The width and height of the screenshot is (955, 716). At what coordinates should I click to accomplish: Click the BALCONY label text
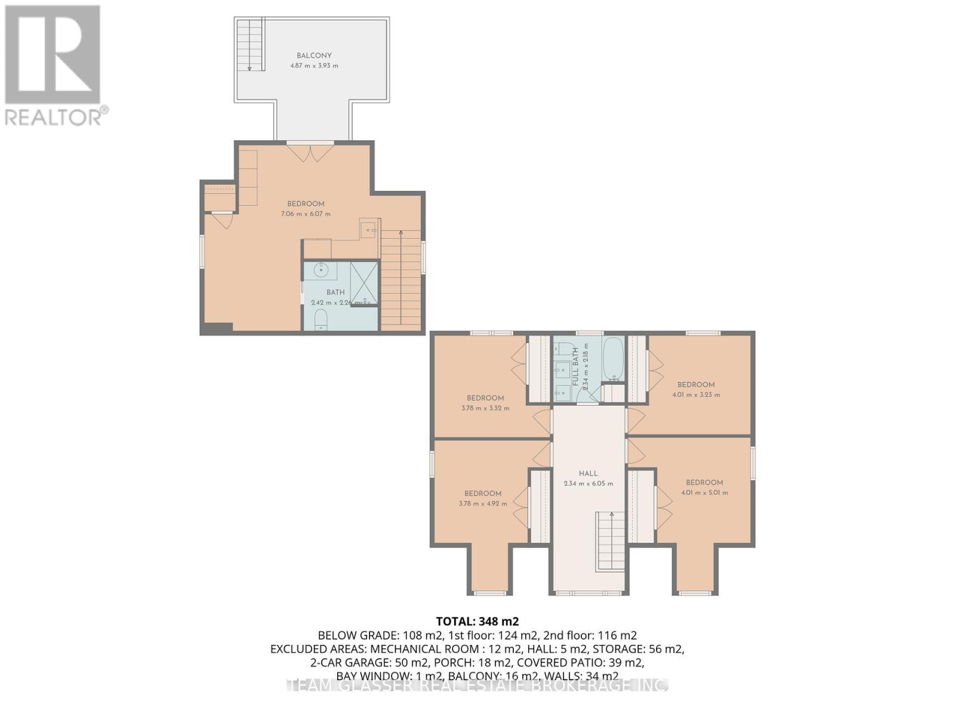[x=314, y=55]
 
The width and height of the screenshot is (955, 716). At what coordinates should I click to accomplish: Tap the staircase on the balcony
[x=250, y=45]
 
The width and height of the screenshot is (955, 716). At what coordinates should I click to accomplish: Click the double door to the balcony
[x=310, y=152]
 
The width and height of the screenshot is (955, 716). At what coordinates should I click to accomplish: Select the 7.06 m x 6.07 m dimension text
[x=306, y=214]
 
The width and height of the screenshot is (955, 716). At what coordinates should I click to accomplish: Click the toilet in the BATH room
[x=321, y=319]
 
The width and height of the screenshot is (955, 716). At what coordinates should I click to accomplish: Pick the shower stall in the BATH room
[x=364, y=282]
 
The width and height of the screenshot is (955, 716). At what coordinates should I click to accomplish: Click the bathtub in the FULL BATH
[x=614, y=359]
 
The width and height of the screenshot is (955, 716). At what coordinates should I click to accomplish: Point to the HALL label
[x=588, y=473]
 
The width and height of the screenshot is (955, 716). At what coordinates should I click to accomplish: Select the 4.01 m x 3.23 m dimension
[x=696, y=394]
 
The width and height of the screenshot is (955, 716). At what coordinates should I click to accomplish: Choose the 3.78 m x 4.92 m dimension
[x=483, y=503]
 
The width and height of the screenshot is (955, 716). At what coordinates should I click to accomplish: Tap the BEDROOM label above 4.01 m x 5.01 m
[x=704, y=482]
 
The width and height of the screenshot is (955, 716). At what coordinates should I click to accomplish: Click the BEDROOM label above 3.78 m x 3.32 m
[x=485, y=398]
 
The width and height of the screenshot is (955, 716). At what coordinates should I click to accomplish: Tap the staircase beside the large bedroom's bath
[x=401, y=280]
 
